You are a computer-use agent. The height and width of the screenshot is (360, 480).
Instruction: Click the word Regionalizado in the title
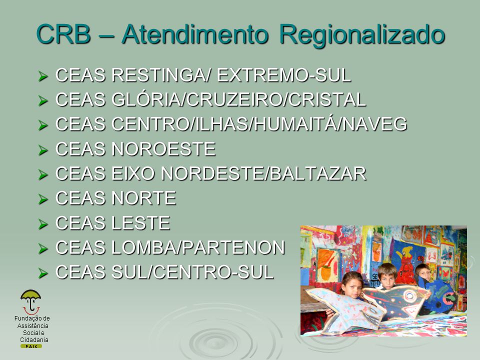[362, 34]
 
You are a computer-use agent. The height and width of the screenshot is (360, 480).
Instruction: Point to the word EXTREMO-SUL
[284, 75]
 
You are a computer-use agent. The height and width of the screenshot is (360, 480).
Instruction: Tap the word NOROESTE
[163, 149]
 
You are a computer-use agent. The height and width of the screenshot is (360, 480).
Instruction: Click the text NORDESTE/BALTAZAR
[263, 173]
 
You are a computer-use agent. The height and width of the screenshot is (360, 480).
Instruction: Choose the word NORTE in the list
[143, 198]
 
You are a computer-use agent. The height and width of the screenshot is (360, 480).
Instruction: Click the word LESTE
[140, 223]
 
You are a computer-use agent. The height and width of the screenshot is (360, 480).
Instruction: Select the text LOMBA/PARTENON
[198, 247]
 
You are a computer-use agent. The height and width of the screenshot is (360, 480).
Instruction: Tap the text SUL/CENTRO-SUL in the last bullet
[192, 272]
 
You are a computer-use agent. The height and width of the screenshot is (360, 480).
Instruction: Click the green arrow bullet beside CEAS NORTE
[43, 199]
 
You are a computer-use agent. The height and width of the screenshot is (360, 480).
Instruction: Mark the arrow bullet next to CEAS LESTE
[43, 224]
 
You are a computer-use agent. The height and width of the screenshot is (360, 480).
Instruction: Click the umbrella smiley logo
[30, 302]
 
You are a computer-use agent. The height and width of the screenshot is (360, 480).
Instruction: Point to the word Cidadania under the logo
[34, 340]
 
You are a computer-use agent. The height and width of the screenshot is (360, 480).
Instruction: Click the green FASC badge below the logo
[31, 346]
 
